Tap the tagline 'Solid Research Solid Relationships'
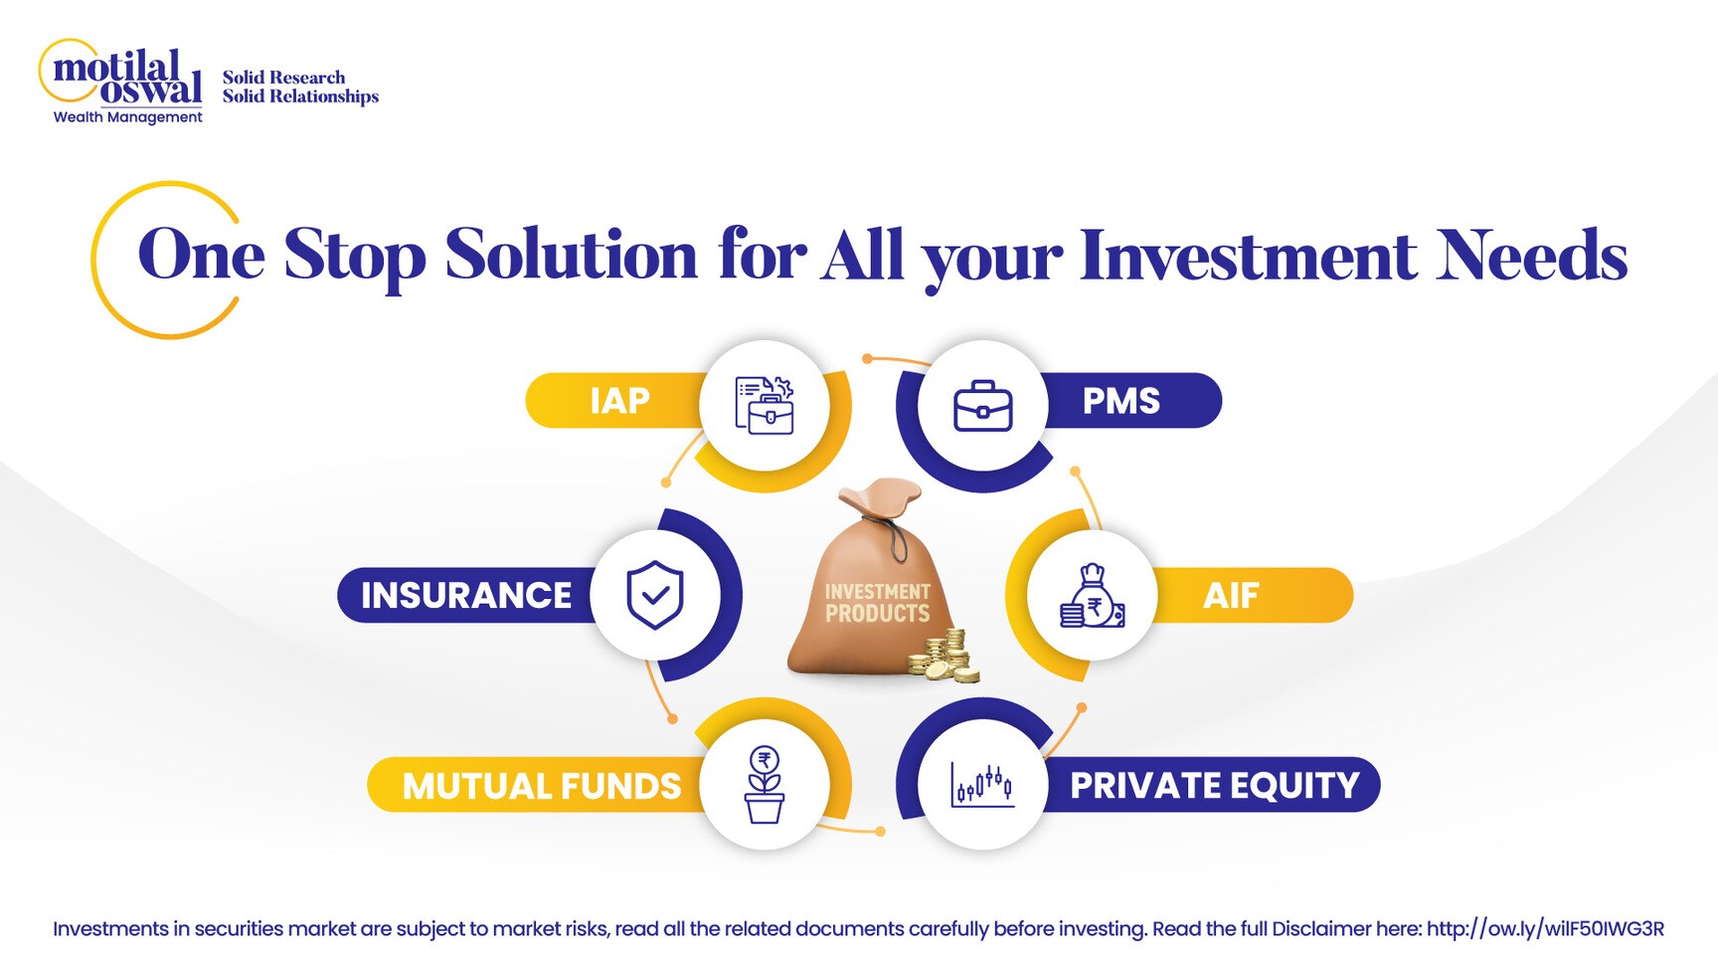tap(299, 87)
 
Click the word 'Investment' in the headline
tap(1248, 256)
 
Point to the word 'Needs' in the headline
tap(1531, 256)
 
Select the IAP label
tap(619, 401)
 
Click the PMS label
tap(1120, 401)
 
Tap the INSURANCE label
tap(465, 595)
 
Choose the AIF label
tap(1231, 595)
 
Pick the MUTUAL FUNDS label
tap(541, 786)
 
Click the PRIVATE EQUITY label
tap(1214, 786)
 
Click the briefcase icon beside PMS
tap(982, 406)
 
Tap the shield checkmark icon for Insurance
tap(655, 595)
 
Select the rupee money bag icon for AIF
tap(1092, 596)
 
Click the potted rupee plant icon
tap(765, 785)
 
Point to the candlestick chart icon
tap(982, 785)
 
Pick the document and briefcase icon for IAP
tap(765, 406)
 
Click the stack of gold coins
tap(945, 657)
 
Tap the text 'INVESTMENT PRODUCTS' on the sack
tap(877, 603)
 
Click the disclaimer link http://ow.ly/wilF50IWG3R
tap(1545, 929)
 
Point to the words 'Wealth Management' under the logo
tap(127, 117)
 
